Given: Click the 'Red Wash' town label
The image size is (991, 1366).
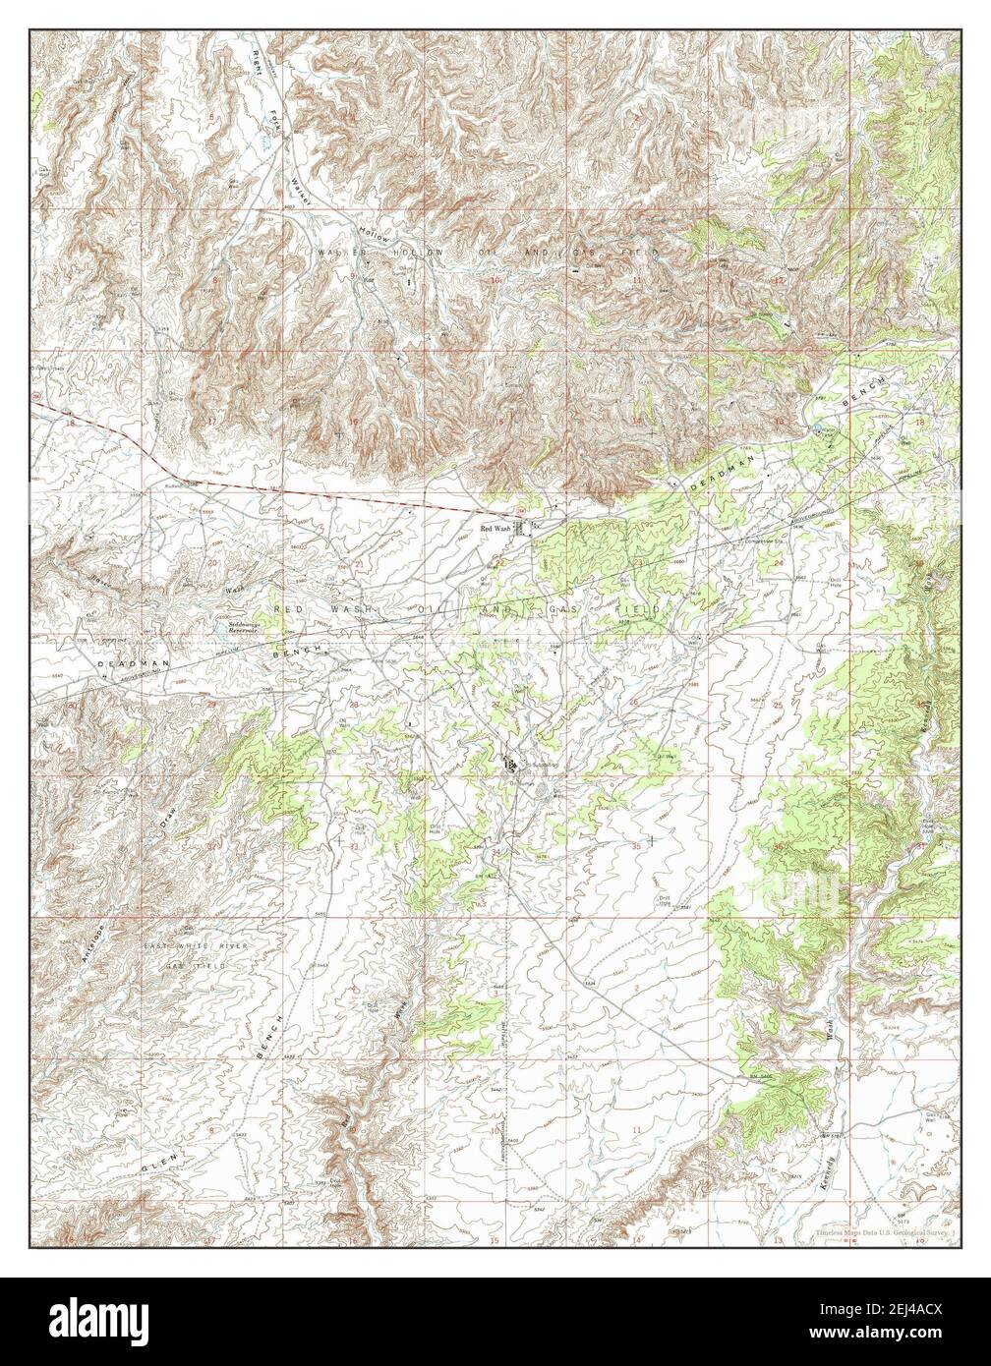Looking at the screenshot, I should click(495, 529).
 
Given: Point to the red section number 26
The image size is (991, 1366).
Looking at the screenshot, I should click(634, 702).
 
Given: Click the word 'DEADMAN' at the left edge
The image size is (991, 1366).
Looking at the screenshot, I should click(124, 665).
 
